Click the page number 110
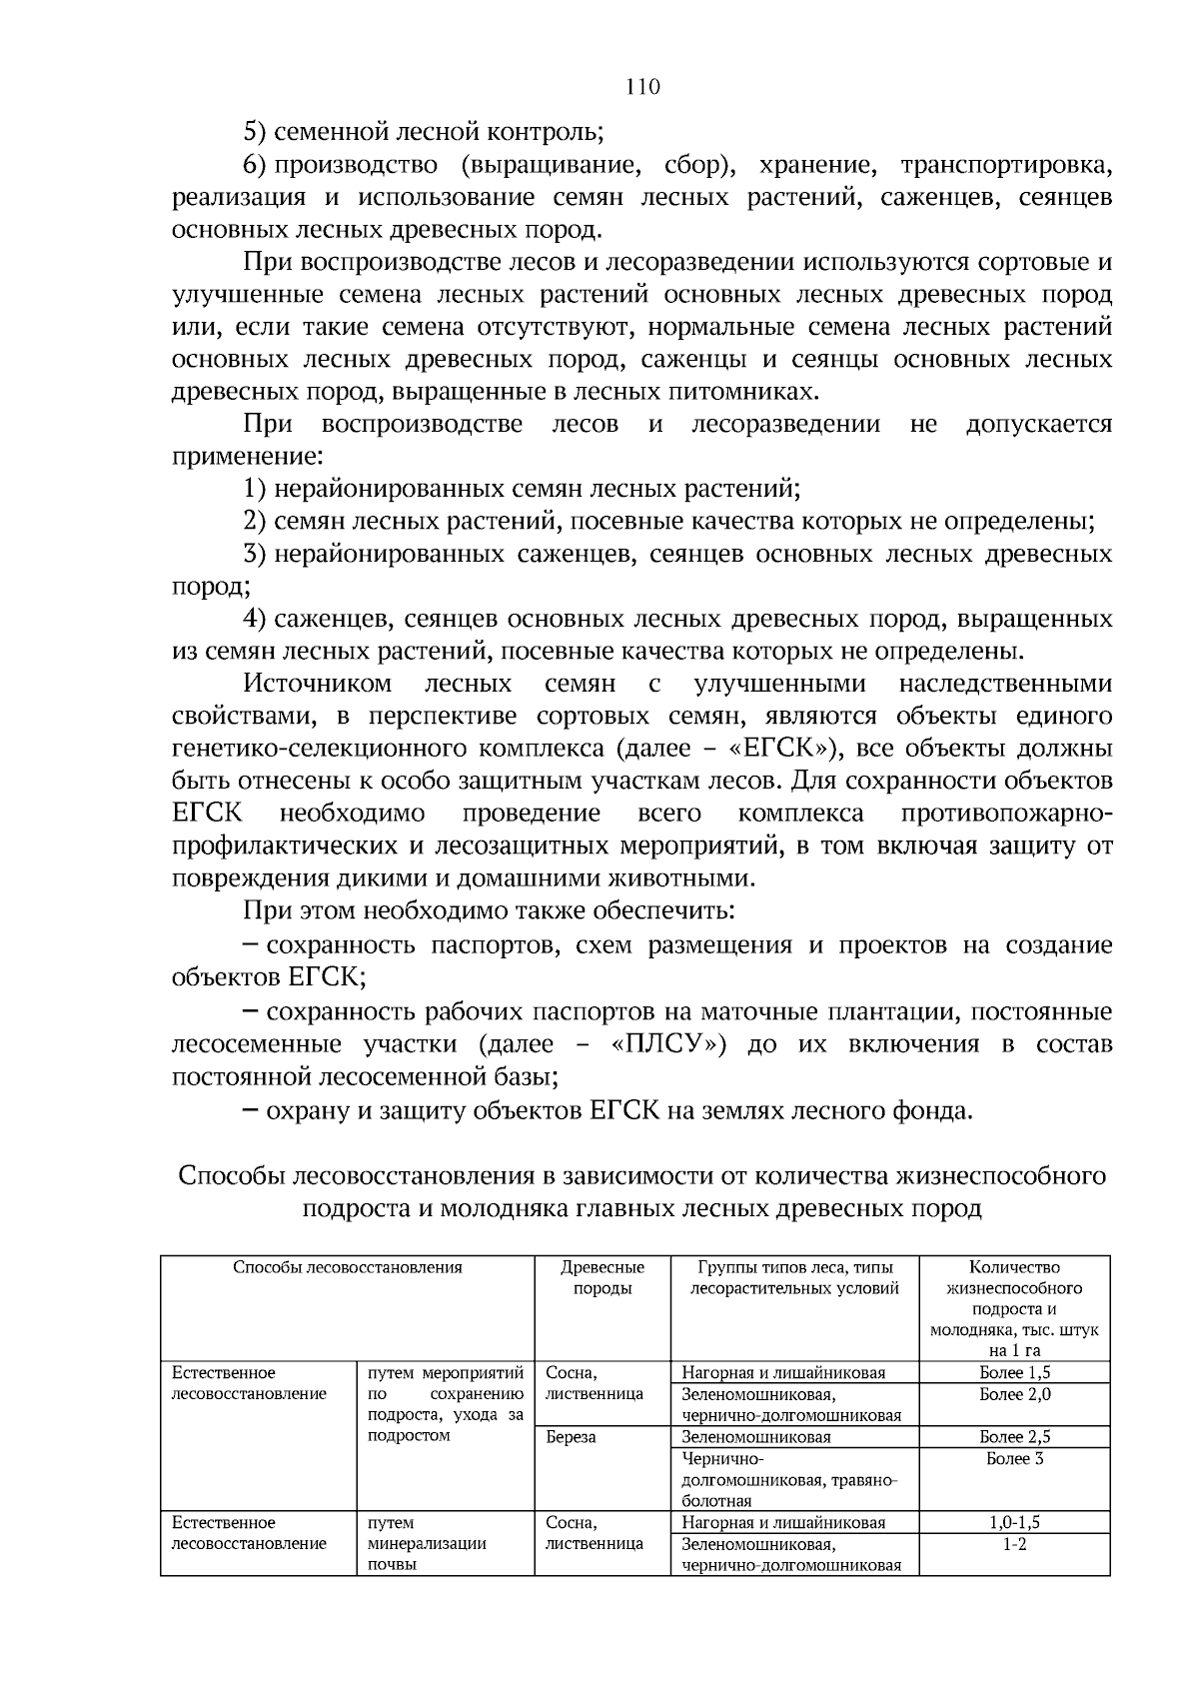(x=642, y=87)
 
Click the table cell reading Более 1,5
(x=1014, y=1372)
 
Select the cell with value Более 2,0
(x=1014, y=1394)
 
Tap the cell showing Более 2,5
(x=1014, y=1437)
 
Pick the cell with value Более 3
(x=1014, y=1459)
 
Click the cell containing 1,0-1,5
(x=1014, y=1523)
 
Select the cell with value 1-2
(x=1014, y=1545)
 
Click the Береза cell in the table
(x=571, y=1437)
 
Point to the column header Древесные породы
(x=602, y=1278)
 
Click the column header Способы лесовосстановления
(x=348, y=1267)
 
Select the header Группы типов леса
(x=794, y=1278)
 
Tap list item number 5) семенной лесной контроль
(x=424, y=132)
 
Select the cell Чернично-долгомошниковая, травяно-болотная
(x=789, y=1480)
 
